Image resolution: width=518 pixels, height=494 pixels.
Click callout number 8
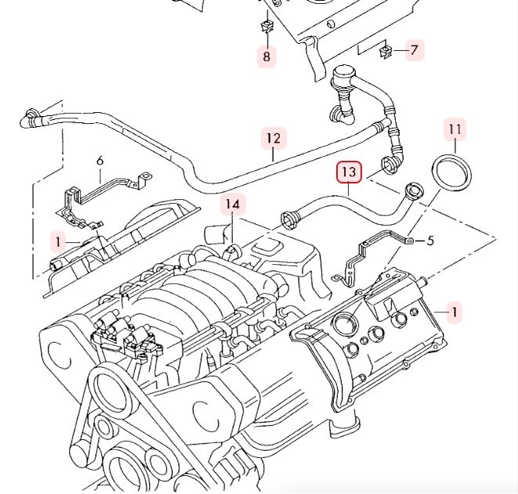[x=266, y=56]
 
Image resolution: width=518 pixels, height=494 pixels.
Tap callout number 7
[x=415, y=51]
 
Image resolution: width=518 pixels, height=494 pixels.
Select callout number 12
[x=272, y=140]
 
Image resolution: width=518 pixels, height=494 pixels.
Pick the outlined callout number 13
[x=349, y=171]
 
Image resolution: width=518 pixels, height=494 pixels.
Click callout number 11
[x=456, y=128]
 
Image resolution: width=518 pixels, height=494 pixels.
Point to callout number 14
[x=232, y=205]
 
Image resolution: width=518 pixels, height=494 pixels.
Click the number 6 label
[x=100, y=162]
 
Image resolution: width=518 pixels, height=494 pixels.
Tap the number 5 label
[x=430, y=241]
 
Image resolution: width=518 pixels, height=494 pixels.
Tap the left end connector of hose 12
[x=29, y=120]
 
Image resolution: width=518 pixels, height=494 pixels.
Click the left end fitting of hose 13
[x=289, y=218]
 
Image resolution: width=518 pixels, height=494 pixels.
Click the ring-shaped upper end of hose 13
[x=413, y=190]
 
